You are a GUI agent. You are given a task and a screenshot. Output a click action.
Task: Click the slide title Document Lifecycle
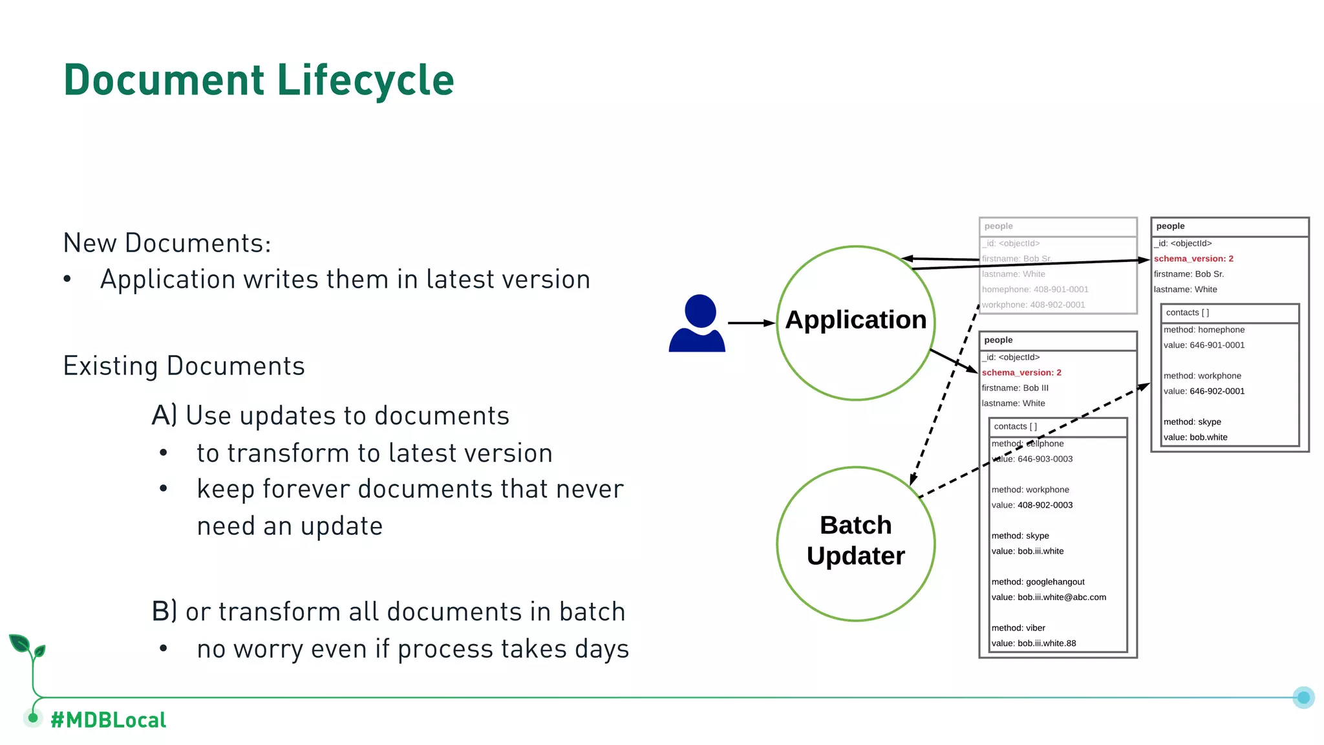tap(259, 80)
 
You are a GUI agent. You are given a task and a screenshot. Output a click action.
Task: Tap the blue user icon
tap(698, 323)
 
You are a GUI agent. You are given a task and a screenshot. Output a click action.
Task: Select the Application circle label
tap(855, 320)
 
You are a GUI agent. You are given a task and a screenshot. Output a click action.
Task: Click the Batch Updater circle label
tap(855, 541)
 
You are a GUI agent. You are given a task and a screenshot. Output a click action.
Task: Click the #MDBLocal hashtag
tap(108, 720)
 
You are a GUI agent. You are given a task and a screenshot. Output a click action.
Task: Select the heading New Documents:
tap(167, 243)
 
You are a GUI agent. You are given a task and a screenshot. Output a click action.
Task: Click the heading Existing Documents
tap(184, 366)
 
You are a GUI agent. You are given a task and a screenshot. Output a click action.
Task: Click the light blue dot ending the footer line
tap(1303, 697)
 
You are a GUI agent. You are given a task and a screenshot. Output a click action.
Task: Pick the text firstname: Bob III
tap(1015, 388)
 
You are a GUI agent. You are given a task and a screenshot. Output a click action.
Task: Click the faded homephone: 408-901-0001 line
tap(1035, 290)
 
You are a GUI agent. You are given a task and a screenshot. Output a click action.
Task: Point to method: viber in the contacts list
tap(1018, 628)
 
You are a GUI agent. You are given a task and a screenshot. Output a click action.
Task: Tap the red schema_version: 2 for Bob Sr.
tap(1193, 259)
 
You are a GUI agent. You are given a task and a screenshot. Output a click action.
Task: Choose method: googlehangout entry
tap(1038, 582)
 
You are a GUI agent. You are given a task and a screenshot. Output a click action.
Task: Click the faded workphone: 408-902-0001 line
tap(1033, 305)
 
